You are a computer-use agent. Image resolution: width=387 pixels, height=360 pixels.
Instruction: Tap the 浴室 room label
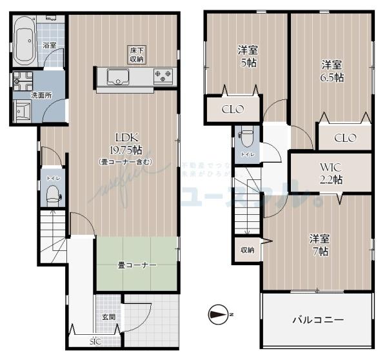click(x=49, y=46)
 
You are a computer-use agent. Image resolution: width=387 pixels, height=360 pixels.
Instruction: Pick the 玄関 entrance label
click(x=108, y=317)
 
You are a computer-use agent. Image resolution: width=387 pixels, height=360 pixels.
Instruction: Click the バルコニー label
click(x=319, y=319)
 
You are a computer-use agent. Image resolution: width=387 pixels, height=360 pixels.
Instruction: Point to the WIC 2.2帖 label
click(x=330, y=173)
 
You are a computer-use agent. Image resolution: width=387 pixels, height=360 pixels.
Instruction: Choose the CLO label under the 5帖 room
click(x=232, y=109)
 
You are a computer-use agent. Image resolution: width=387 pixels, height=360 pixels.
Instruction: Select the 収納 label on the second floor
click(x=247, y=250)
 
